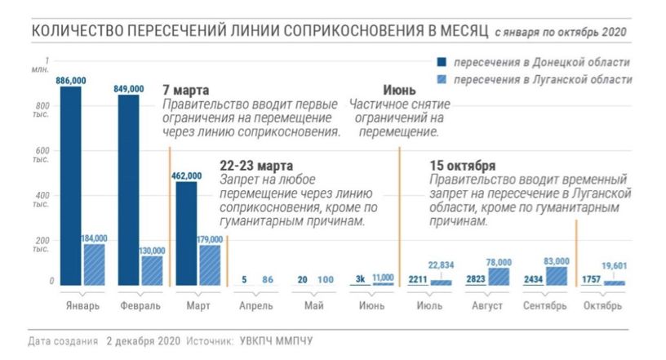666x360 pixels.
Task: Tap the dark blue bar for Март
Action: [187, 233]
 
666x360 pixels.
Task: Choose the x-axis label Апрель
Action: [246, 306]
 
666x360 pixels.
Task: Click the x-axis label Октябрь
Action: [602, 306]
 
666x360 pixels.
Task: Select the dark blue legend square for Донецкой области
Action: [442, 63]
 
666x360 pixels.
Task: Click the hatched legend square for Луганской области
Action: [442, 79]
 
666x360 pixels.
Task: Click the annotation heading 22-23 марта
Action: [255, 164]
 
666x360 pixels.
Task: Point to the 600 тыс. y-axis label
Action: [41, 155]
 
